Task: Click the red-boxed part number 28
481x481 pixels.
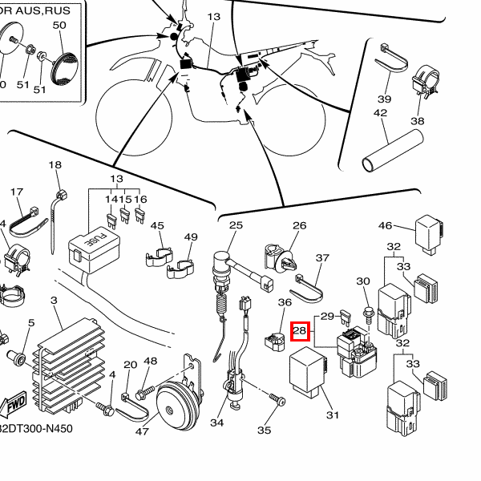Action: point(300,330)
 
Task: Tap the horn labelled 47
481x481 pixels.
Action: point(177,404)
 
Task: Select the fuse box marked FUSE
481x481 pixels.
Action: point(88,244)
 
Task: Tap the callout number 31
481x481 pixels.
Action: point(333,414)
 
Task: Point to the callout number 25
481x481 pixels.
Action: point(236,225)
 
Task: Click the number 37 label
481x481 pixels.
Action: point(322,258)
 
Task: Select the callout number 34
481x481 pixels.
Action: point(217,422)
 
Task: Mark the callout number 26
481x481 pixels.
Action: point(299,225)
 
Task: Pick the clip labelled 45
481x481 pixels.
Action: point(158,253)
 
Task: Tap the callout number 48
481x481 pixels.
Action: point(151,362)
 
